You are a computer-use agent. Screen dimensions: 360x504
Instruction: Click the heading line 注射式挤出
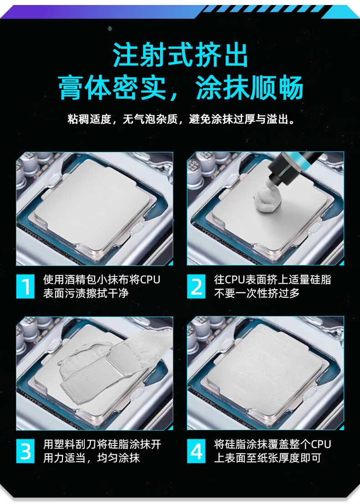tap(180, 55)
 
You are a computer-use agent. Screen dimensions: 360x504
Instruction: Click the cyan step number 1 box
tap(26, 286)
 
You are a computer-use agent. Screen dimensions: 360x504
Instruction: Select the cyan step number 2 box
tap(196, 286)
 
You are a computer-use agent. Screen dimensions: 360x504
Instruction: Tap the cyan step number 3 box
tap(26, 451)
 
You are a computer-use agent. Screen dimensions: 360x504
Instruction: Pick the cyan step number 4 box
tap(196, 451)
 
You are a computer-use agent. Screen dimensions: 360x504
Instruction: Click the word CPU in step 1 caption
tap(150, 280)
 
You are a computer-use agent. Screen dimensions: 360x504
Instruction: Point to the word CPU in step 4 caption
tap(320, 444)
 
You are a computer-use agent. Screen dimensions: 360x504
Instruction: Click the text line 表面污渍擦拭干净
tap(86, 293)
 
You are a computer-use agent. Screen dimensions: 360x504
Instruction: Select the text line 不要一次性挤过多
tap(257, 293)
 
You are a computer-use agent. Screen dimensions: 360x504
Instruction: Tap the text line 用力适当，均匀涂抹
tap(91, 458)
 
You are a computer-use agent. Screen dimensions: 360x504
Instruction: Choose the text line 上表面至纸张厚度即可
tap(267, 458)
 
